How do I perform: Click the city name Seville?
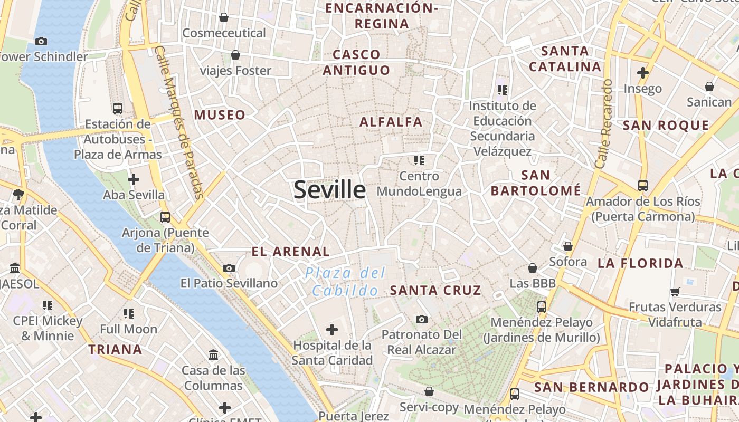329,190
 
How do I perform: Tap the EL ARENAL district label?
291,252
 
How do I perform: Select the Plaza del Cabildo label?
346,282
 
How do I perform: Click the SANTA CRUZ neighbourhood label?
435,290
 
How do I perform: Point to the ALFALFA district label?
391,122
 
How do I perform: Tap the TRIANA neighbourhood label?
115,349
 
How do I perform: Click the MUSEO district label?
220,115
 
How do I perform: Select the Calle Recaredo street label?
603,124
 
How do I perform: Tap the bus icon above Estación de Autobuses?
118,109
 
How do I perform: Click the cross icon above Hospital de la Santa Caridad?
332,330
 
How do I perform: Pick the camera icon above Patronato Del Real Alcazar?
421,319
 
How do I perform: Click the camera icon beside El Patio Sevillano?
229,268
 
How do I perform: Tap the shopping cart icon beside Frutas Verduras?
675,292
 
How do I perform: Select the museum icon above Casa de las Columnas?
214,354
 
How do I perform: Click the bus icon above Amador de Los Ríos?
643,186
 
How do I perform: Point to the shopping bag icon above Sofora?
568,246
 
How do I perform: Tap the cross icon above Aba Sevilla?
134,179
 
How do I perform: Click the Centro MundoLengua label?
420,184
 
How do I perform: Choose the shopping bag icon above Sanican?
709,87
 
